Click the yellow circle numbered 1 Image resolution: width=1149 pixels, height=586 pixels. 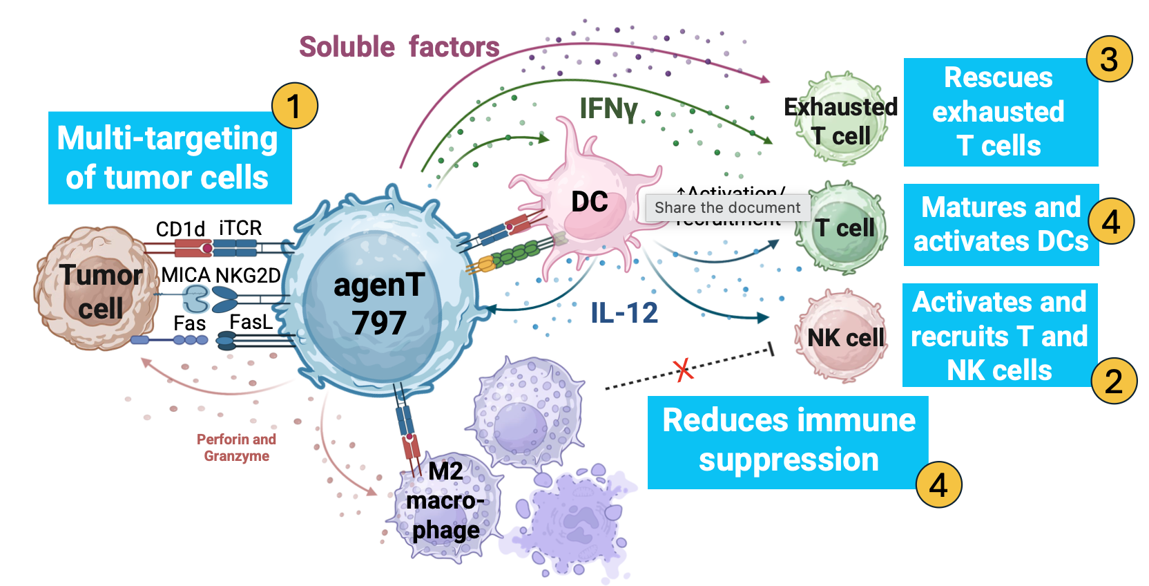[294, 106]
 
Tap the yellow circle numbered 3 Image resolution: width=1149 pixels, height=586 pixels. [1109, 59]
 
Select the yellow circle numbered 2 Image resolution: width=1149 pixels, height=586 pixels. [1113, 381]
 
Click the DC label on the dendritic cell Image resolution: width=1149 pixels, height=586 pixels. [589, 202]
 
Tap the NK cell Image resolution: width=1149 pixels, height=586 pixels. [844, 337]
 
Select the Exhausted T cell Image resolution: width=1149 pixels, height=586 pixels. [841, 122]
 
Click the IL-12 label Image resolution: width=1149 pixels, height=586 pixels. [624, 313]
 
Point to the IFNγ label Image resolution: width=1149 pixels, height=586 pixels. [608, 108]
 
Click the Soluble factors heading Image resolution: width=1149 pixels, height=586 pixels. [399, 47]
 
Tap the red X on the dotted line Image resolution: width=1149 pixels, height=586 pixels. [683, 370]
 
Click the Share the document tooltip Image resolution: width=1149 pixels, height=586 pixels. [727, 207]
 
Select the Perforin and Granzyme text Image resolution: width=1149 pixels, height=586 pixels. [236, 447]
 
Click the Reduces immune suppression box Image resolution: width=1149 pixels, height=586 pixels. [787, 441]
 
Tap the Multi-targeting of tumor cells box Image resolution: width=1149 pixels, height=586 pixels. [168, 158]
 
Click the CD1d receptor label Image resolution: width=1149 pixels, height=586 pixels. [180, 229]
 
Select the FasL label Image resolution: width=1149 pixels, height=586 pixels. [251, 322]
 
